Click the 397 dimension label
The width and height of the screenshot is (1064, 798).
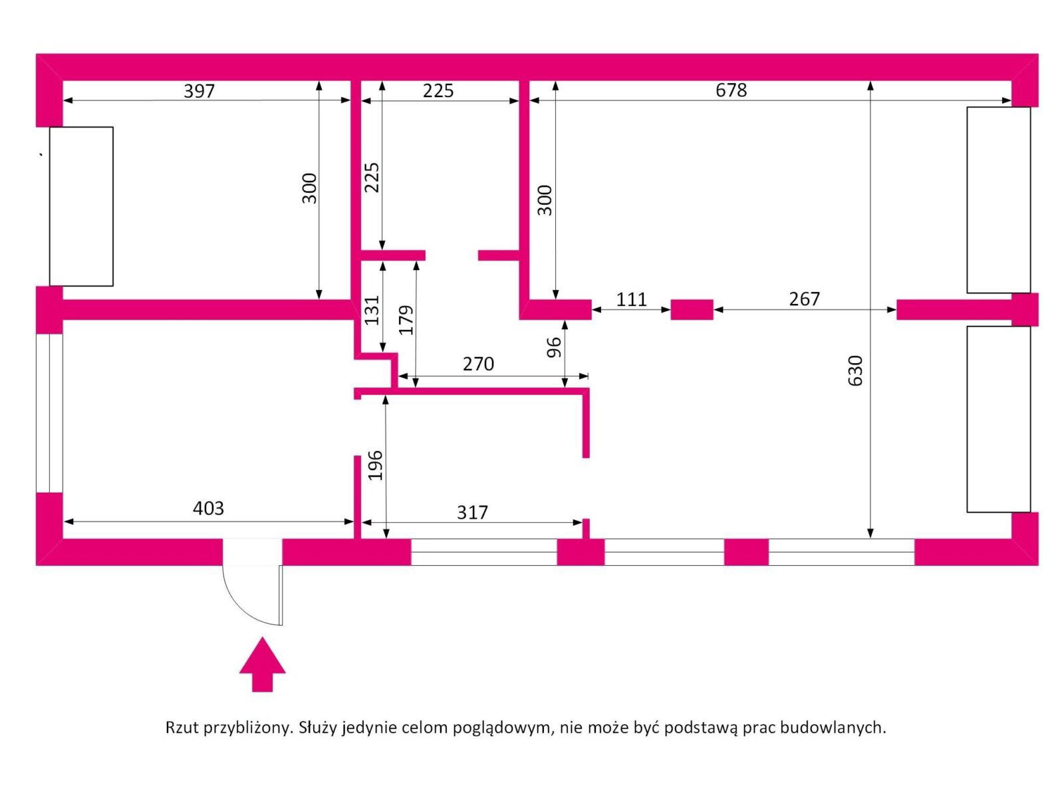[x=199, y=90]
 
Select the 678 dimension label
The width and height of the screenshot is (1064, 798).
[x=731, y=90]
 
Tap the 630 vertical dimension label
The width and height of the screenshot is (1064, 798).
[x=855, y=370]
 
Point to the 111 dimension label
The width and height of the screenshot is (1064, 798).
[x=631, y=299]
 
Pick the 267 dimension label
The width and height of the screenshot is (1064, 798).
[x=804, y=299]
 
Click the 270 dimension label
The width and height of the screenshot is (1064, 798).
[x=478, y=364]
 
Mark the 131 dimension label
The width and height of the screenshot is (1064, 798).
[x=372, y=309]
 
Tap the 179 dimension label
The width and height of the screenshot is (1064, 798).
[x=406, y=319]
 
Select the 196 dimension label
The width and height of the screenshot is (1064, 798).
[x=376, y=465]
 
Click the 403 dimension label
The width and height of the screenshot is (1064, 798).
[x=208, y=508]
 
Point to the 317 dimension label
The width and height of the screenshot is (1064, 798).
[x=472, y=512]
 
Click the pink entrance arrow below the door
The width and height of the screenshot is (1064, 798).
[x=262, y=664]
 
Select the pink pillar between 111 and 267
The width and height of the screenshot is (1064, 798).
[x=692, y=310]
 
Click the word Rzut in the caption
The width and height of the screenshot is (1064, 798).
[x=181, y=728]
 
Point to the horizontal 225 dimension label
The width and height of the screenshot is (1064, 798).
[x=438, y=90]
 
